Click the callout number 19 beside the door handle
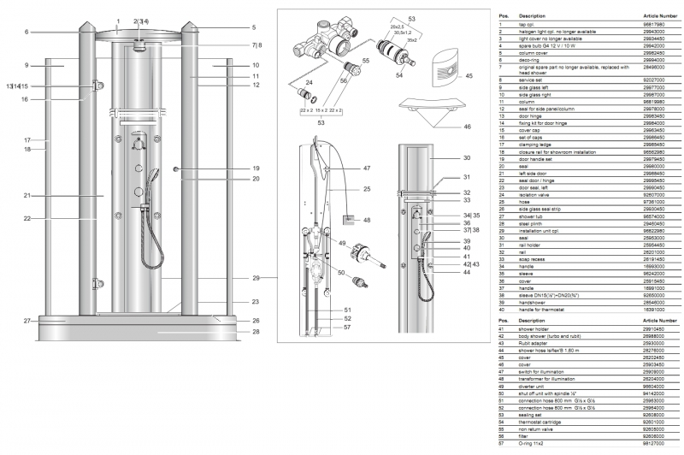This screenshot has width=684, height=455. click(256, 168)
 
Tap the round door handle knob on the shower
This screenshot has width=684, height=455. click(175, 169)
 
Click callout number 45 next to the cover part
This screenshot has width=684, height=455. click(468, 76)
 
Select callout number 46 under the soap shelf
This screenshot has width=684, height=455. click(467, 127)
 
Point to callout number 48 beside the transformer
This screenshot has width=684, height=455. click(367, 220)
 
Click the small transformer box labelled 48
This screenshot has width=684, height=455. click(349, 220)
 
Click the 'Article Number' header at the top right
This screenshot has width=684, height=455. click(658, 15)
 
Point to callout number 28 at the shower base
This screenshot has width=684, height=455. click(256, 332)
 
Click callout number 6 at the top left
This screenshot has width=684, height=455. click(27, 32)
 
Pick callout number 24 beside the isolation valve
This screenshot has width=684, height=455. click(309, 82)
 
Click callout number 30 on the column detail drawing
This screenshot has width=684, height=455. click(467, 158)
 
